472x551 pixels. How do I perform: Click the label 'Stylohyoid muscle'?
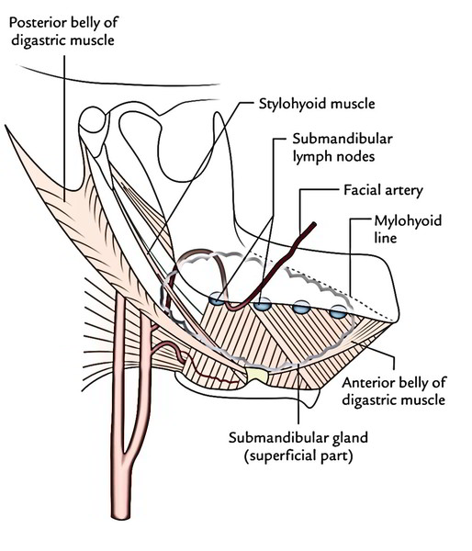pos(317,104)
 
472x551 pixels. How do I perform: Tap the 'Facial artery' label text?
pos(383,190)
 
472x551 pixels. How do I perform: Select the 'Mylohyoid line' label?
pos(408,229)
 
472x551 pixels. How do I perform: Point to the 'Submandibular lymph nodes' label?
pos(343,147)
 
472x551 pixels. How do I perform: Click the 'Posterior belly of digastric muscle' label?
pos(63,31)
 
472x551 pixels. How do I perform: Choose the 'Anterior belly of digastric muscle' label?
pos(394,391)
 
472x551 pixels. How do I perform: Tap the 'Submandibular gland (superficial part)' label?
pos(298,446)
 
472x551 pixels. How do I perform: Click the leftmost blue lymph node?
pos(217,299)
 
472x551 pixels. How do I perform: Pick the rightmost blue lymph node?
pos(338,311)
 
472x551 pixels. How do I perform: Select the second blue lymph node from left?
pos(263,304)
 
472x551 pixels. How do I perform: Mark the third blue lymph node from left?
pos(302,308)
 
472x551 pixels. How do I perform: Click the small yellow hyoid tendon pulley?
pos(258,376)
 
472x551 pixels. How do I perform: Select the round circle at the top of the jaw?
pos(93,119)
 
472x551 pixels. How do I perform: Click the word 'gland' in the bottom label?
pos(348,439)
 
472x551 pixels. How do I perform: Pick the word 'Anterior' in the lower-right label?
pos(367,383)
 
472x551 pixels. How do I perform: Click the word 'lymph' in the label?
pos(313,156)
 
